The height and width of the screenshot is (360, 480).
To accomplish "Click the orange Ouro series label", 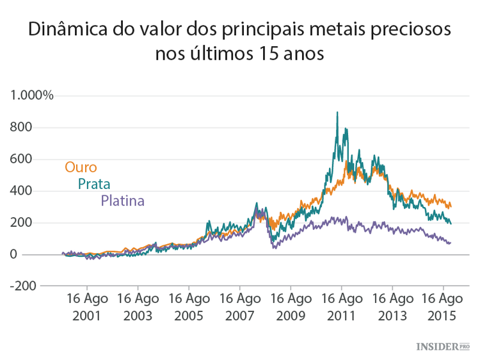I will [x=81, y=167].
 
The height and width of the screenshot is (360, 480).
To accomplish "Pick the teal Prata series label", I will [x=94, y=184].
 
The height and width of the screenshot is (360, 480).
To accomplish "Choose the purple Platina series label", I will [x=122, y=201].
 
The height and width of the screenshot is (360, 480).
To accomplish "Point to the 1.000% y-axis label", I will [x=31, y=95].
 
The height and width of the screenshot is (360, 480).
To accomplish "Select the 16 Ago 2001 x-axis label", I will [x=87, y=307].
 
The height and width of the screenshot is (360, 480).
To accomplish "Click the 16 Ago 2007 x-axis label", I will [x=240, y=307].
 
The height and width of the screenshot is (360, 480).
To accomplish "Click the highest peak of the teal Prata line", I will [x=337, y=113].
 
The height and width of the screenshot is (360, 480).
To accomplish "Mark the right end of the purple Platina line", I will [x=450, y=243].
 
